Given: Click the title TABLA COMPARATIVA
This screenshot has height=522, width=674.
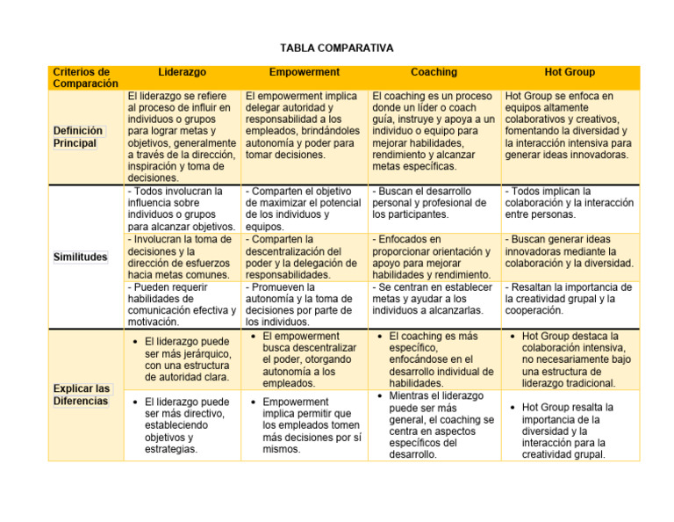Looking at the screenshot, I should [337, 47].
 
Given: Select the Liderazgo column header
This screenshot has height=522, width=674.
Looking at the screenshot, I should [183, 72].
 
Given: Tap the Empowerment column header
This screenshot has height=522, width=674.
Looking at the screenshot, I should [305, 72].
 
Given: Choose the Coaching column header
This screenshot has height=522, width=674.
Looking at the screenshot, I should [434, 72].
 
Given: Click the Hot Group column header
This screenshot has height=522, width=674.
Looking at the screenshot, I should [570, 72].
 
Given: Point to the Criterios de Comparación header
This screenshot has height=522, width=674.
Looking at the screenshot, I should [86, 77].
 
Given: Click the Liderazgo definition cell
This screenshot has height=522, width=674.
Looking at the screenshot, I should [183, 136].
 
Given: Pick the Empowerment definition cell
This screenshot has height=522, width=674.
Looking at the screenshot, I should [305, 125].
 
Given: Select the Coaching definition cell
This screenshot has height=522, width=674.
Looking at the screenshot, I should [434, 131].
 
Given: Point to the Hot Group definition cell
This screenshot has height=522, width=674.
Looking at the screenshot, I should [570, 125].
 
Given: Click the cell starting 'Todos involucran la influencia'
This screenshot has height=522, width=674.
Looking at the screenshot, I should [183, 208].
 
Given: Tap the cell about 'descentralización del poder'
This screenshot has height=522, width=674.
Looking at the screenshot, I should [305, 256].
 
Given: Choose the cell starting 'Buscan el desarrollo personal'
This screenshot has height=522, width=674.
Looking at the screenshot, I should [434, 202].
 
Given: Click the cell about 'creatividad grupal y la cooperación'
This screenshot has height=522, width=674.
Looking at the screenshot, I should [570, 299].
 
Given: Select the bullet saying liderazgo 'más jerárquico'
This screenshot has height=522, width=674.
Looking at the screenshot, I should [187, 359].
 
